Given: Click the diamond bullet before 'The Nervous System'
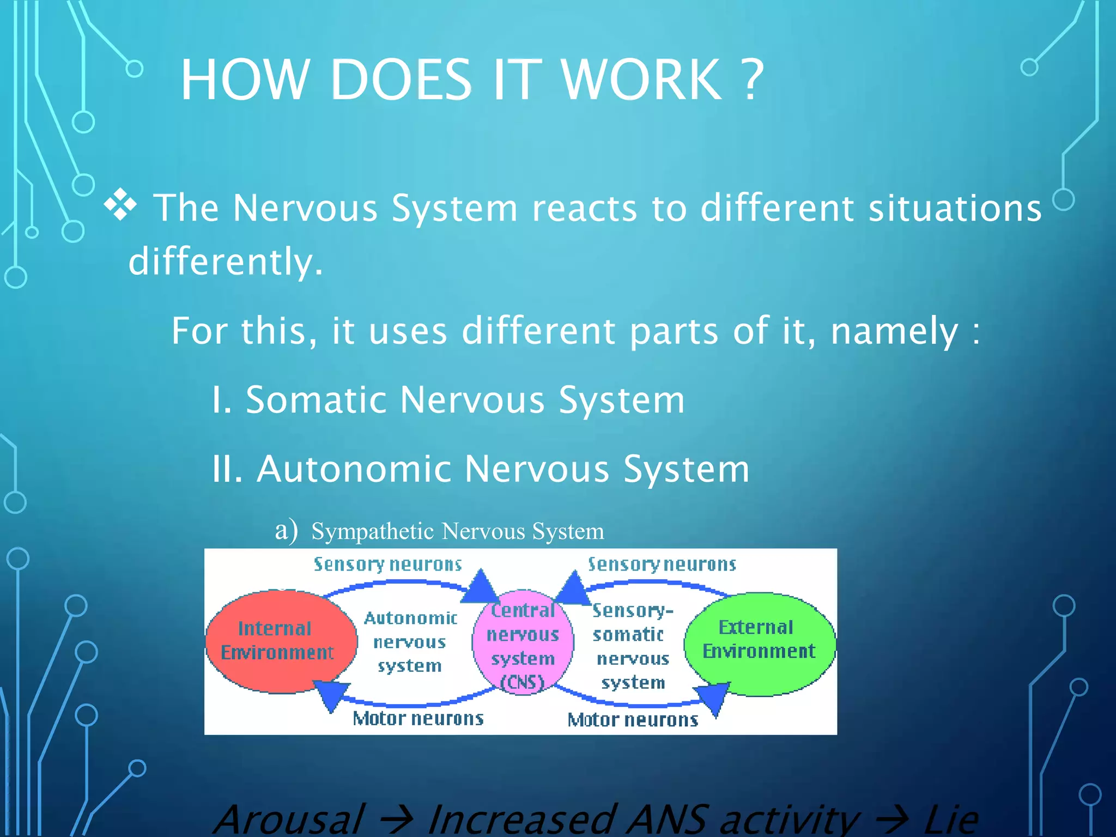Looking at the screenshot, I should coord(120,205).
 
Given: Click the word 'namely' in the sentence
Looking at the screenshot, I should coord(894,331).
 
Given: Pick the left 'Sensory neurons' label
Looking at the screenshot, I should coord(387,565).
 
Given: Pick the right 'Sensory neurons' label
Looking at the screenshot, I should coord(662,565).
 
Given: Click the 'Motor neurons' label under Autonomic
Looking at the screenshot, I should coord(418,719).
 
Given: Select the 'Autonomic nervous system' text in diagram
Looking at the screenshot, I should coord(410,642).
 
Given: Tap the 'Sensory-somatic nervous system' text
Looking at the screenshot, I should coord(632,646).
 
